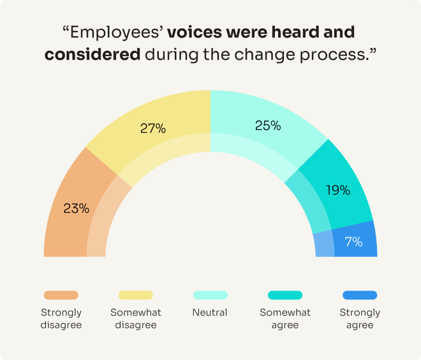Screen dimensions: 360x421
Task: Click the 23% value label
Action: pos(76,208)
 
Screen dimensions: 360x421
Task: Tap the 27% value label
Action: pos(153,128)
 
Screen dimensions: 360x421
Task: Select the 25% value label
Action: pos(268,126)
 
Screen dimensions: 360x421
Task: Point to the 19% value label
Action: pos(337,190)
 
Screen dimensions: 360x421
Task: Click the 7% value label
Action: pos(353,242)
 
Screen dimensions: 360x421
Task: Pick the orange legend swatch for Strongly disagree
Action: pos(61,295)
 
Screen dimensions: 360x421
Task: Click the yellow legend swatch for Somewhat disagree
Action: pos(136,295)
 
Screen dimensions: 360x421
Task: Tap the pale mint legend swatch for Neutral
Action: pos(211,295)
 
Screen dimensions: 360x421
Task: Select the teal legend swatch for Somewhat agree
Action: pos(285,295)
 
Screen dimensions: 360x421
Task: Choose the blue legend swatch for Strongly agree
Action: pos(360,295)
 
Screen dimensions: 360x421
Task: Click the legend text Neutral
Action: pos(210,313)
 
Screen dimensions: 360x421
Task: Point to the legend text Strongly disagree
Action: pos(61,319)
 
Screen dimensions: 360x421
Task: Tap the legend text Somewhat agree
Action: pos(285,319)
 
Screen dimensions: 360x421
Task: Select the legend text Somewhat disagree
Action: pos(136,319)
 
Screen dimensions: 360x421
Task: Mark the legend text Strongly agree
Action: pos(360,319)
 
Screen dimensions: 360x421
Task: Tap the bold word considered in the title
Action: pos(92,54)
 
